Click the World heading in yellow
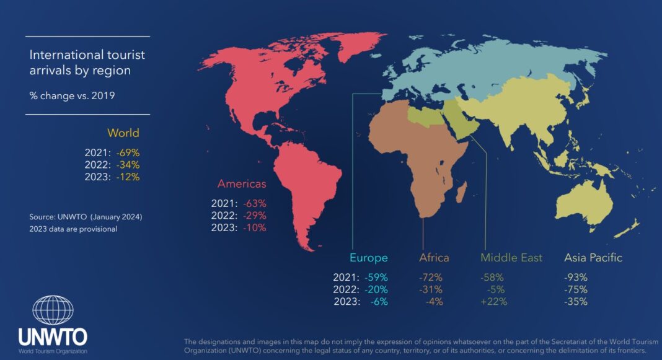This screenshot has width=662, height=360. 123,133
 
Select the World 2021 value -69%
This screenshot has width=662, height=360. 127,152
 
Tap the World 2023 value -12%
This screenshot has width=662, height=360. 127,177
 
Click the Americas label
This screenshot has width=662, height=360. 242,183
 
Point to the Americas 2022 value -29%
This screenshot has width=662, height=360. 254,215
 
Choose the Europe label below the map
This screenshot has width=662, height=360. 368,258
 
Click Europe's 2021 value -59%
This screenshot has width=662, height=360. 376,277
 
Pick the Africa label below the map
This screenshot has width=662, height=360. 434,258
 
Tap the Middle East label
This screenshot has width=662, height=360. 511,258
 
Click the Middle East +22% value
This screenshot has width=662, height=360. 494,302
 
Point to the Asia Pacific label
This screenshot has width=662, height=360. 593,258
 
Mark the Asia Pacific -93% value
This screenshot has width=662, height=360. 576,277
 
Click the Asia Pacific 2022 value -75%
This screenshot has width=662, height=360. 576,289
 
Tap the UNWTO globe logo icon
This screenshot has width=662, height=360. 53,310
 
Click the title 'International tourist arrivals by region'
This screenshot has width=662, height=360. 87,62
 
